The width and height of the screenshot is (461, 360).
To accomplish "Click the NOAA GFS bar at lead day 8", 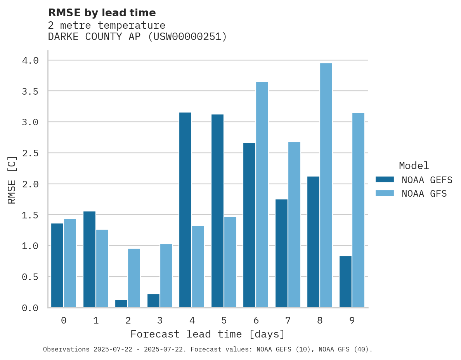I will pyautogui.click(x=326, y=185).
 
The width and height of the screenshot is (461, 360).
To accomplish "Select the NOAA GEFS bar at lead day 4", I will pyautogui.click(x=185, y=210).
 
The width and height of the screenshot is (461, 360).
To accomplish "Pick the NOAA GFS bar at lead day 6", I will pyautogui.click(x=262, y=195).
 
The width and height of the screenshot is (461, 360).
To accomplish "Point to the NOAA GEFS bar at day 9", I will pyautogui.click(x=345, y=282).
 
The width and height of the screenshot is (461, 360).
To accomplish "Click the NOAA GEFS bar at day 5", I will pyautogui.click(x=217, y=211).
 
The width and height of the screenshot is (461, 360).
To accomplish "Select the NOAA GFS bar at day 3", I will pyautogui.click(x=166, y=275).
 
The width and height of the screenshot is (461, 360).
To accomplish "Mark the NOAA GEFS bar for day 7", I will pyautogui.click(x=281, y=253).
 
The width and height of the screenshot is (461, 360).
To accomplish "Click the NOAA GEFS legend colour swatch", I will pyautogui.click(x=385, y=180).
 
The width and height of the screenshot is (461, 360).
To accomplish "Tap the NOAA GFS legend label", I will pyautogui.click(x=424, y=194).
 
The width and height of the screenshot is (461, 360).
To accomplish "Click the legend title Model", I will pyautogui.click(x=414, y=166).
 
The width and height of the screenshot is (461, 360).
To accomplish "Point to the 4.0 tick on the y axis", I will pyautogui.click(x=30, y=61).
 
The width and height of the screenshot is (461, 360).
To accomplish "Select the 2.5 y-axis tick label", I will pyautogui.click(x=30, y=153).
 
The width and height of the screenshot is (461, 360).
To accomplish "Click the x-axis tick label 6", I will pyautogui.click(x=256, y=320).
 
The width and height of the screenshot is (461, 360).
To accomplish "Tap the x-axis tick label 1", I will pyautogui.click(x=96, y=320).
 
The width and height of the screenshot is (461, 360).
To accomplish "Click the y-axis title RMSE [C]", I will pyautogui.click(x=12, y=180).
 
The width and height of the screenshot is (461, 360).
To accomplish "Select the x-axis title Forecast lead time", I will pyautogui.click(x=208, y=334).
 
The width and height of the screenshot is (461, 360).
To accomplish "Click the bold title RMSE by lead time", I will pyautogui.click(x=102, y=13).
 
